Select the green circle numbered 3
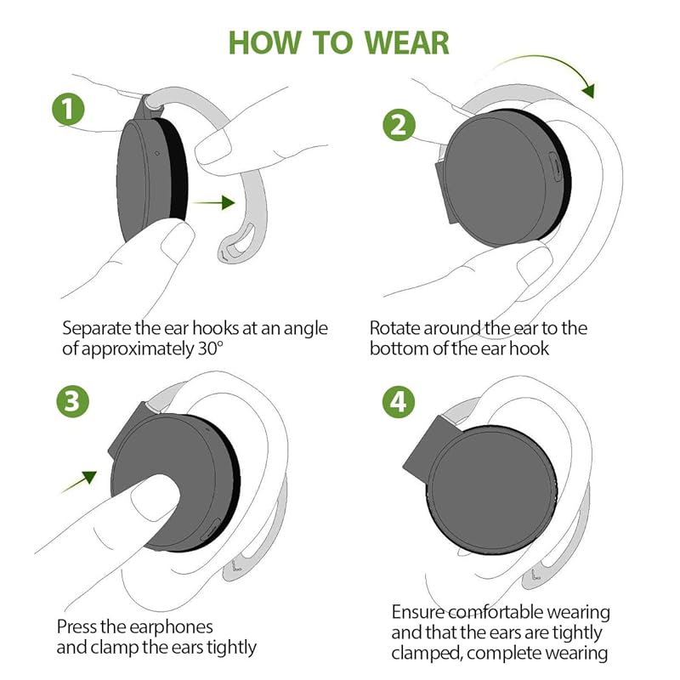[x=73, y=401]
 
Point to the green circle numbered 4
[x=399, y=401]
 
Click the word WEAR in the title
[x=406, y=43]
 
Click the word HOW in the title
[x=264, y=43]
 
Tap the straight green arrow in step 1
[x=213, y=202]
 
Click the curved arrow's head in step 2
[x=588, y=90]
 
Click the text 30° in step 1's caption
[x=211, y=348]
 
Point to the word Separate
[x=96, y=329]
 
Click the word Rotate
[x=394, y=328]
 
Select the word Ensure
[x=418, y=612]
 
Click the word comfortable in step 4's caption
[x=496, y=612]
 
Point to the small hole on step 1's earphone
[x=157, y=153]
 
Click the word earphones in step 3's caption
[x=171, y=627]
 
